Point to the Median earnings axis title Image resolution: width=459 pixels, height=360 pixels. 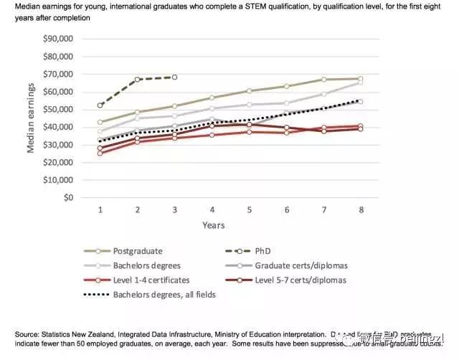31,118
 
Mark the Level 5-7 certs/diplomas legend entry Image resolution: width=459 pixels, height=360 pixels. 300,280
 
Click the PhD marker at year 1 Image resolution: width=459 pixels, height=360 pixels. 100,105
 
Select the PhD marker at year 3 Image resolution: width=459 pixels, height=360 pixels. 174,77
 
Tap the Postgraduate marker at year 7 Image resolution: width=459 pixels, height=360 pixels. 323,80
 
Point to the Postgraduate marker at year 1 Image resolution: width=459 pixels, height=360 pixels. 100,122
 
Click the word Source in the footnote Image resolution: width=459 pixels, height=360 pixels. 27,334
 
